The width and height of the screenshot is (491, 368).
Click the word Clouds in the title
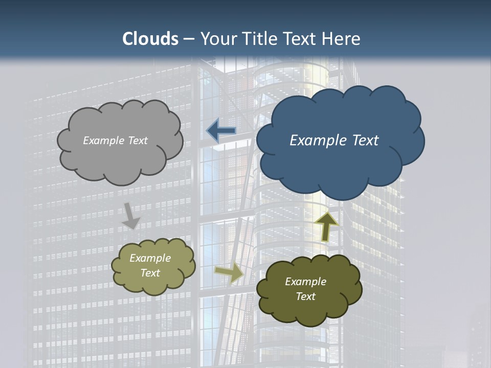point(150,39)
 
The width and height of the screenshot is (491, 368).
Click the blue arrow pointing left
point(221,131)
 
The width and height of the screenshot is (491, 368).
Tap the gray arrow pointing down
point(131,216)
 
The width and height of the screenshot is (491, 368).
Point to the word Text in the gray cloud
point(138,141)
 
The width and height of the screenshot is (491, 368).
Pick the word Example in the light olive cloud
point(150,258)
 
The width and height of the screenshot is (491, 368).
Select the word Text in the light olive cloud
point(150,273)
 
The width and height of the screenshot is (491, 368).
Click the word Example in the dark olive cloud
point(305,282)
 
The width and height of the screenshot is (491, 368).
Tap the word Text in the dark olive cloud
point(305,296)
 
